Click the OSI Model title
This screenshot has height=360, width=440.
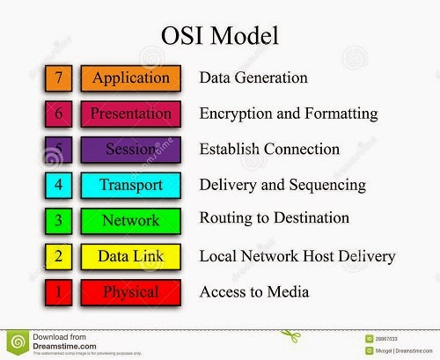(220, 36)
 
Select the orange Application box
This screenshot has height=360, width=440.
(131, 77)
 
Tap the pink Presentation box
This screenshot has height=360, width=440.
(131, 114)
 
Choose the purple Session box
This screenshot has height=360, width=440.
(131, 149)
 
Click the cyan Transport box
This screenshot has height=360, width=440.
(131, 185)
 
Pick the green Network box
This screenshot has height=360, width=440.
(131, 220)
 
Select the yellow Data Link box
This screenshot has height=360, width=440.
(131, 256)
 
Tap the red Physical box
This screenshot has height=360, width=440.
(131, 291)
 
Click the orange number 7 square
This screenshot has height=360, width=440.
(58, 77)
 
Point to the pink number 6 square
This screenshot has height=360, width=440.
(58, 114)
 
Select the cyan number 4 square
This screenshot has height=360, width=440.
(58, 185)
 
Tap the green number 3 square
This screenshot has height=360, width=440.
(58, 220)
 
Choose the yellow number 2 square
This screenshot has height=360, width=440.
(58, 256)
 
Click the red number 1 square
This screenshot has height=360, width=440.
(58, 291)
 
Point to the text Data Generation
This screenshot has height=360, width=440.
(253, 77)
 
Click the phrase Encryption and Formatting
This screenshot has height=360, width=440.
(288, 114)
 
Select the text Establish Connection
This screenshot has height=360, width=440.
(269, 149)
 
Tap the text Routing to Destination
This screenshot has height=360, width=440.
(274, 217)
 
